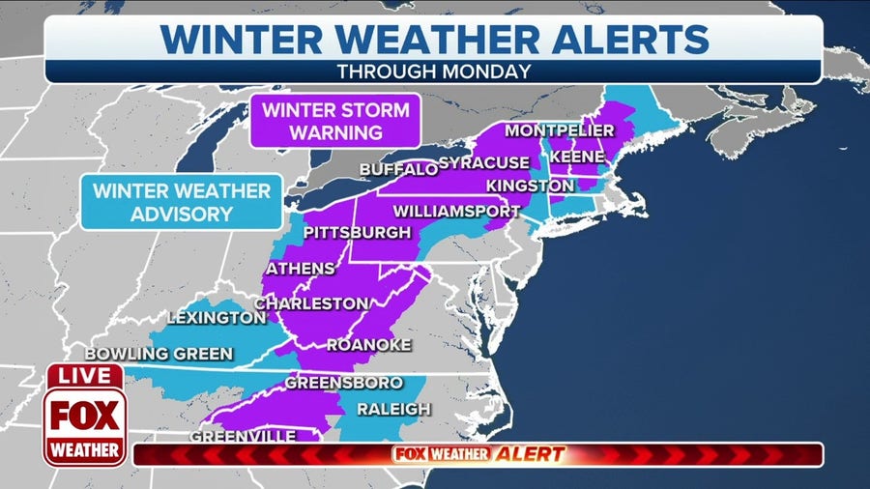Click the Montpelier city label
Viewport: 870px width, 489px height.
pyautogui.click(x=559, y=130)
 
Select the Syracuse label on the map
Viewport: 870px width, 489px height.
pyautogui.click(x=483, y=162)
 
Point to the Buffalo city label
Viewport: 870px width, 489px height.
pyautogui.click(x=398, y=170)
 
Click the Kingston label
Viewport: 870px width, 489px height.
pyautogui.click(x=530, y=185)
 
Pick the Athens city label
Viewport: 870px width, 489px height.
pyautogui.click(x=300, y=268)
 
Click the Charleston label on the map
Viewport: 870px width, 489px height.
pyautogui.click(x=310, y=303)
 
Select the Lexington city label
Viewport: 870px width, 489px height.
pyautogui.click(x=216, y=317)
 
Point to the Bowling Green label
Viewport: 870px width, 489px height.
pyautogui.click(x=159, y=354)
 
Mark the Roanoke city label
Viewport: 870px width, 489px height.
pyautogui.click(x=369, y=345)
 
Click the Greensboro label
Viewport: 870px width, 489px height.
pyautogui.click(x=343, y=384)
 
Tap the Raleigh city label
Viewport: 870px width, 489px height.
pyautogui.click(x=393, y=409)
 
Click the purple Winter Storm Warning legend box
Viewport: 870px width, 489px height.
pyautogui.click(x=335, y=121)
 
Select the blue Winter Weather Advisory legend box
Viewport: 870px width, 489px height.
pyautogui.click(x=181, y=201)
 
